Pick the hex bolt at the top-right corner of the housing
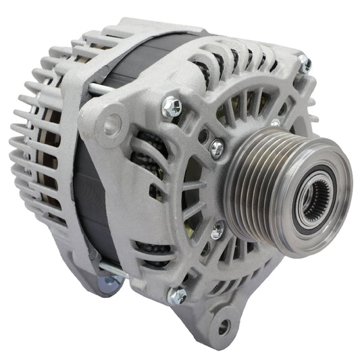(x=305, y=65)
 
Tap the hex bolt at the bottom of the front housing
(x=178, y=294)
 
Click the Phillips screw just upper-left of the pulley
(x=217, y=147)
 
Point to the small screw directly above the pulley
(x=275, y=124)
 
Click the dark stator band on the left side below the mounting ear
(x=88, y=203)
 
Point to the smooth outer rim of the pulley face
(x=337, y=169)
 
